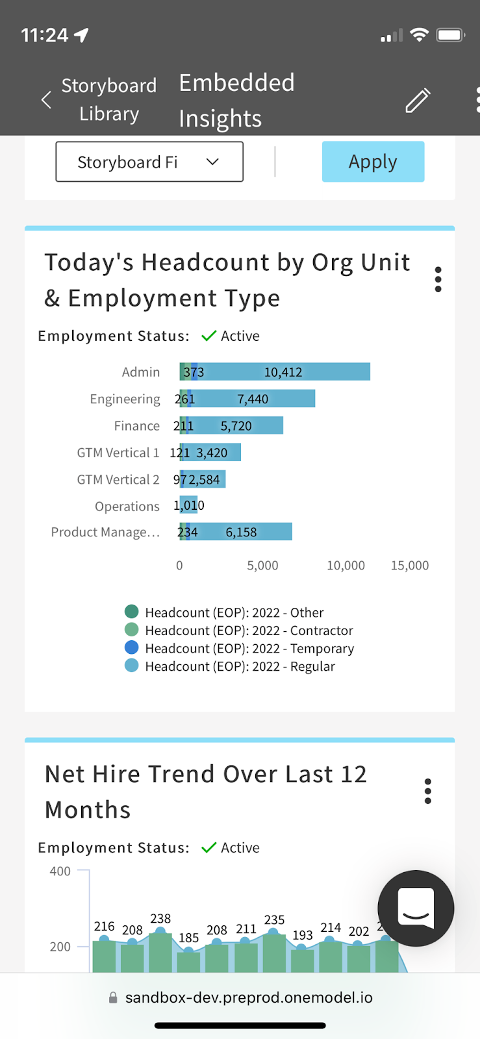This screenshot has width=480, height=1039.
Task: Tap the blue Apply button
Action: tap(373, 162)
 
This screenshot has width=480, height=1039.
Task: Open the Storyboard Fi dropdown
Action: tap(149, 162)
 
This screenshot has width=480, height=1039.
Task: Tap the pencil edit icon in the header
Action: tap(418, 100)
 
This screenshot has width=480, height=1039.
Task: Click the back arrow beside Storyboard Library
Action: tap(46, 100)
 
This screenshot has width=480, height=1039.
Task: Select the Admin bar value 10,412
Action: tap(283, 372)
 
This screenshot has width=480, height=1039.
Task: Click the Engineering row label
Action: tap(125, 399)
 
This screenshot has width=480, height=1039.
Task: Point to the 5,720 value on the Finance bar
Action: tap(236, 426)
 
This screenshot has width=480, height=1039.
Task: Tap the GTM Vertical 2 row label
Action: tap(118, 479)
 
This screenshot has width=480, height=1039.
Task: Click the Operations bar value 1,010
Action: tap(189, 505)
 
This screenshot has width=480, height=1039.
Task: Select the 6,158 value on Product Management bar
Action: tap(241, 532)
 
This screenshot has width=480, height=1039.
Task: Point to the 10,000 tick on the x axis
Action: tap(346, 566)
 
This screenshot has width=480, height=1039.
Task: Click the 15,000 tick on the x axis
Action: tap(410, 566)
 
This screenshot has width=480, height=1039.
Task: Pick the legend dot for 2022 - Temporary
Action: tap(131, 647)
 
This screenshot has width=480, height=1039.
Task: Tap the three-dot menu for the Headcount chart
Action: tap(438, 279)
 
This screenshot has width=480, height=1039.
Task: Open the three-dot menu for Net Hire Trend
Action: tap(427, 791)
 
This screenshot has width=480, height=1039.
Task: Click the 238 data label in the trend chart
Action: tap(160, 918)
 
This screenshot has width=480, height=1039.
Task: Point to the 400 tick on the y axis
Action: tap(60, 871)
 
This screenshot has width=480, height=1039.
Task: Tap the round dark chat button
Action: tap(416, 908)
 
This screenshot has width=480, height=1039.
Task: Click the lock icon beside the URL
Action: tap(113, 997)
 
